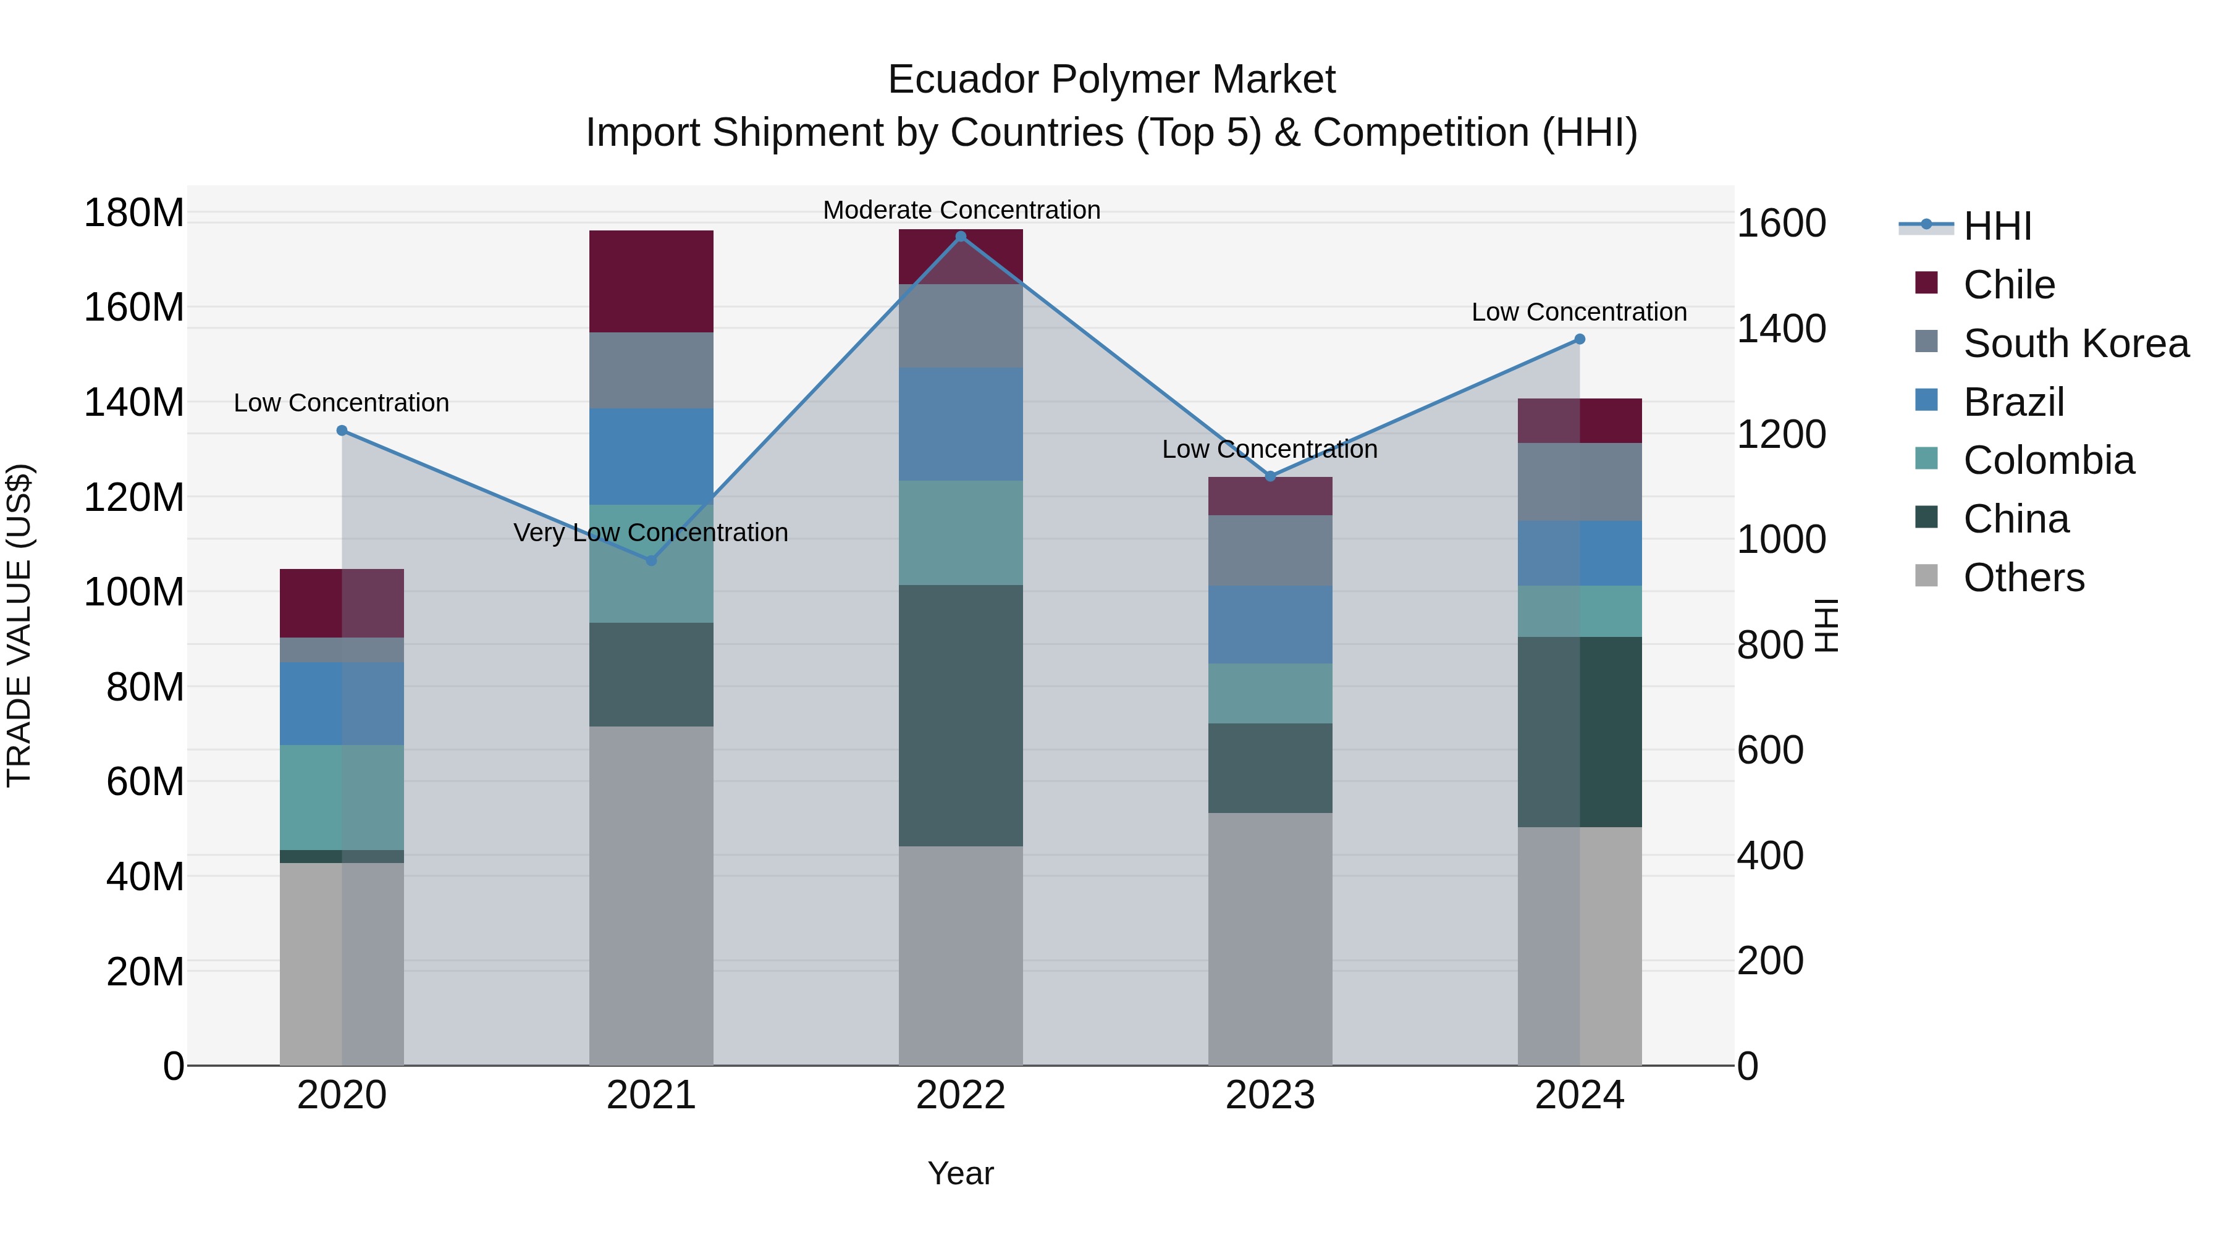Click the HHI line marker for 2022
[961, 237]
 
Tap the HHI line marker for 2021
[652, 560]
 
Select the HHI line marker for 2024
[1580, 339]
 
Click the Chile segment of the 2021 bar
[651, 282]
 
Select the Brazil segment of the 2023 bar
[1270, 624]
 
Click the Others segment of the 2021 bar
[651, 895]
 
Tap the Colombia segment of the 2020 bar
[342, 797]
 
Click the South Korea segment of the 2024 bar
[1580, 482]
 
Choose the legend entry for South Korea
[2076, 343]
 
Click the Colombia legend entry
[2048, 460]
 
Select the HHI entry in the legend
[1997, 226]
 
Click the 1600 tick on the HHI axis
[1781, 224]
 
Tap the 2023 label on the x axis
[1270, 1095]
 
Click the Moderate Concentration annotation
[961, 210]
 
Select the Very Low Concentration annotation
[651, 533]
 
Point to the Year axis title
[960, 1173]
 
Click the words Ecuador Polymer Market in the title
[1111, 80]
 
